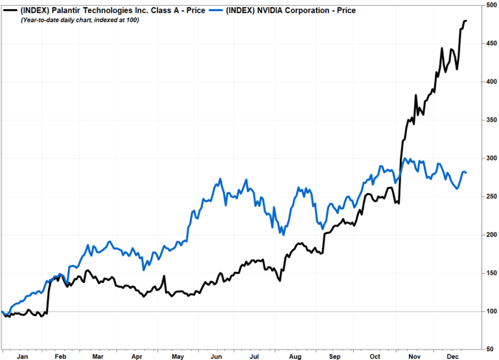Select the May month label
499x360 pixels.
pyautogui.click(x=177, y=355)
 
